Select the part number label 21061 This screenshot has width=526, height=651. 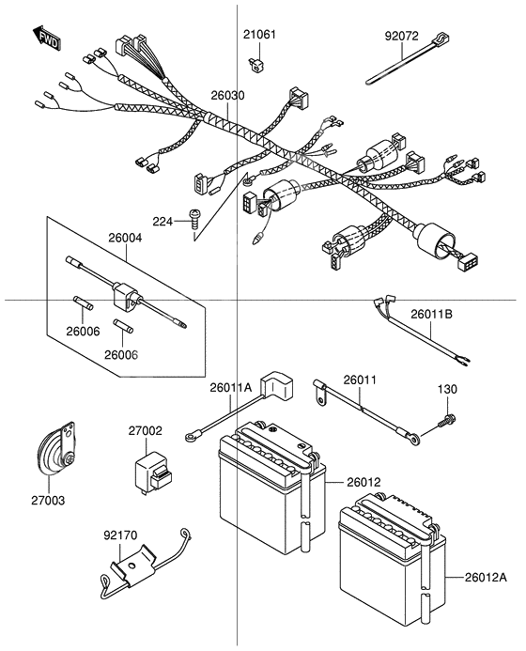click(261, 35)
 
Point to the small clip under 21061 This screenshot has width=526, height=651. click(255, 63)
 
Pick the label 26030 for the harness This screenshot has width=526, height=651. click(227, 96)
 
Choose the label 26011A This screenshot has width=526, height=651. click(231, 387)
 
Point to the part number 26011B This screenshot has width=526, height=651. click(431, 314)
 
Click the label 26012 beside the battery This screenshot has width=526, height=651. click(364, 482)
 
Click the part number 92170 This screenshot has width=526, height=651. click(120, 535)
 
